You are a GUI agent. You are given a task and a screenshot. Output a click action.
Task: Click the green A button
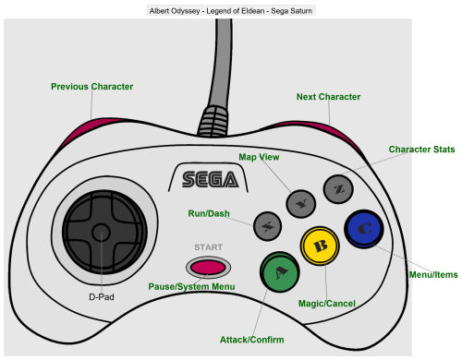280,272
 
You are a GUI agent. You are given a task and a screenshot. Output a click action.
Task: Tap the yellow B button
320,246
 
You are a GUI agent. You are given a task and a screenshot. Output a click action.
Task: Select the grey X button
267,226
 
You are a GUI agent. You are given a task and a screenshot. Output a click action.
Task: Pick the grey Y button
301,204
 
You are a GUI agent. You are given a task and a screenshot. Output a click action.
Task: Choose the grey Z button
338,189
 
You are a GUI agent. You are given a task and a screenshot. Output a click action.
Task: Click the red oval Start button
208,267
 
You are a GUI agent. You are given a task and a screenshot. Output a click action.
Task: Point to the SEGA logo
211,180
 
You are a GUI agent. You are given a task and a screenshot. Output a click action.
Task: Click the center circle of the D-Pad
102,233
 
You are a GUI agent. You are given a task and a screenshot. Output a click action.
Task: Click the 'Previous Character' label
92,87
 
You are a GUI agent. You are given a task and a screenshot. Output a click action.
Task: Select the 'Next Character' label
328,97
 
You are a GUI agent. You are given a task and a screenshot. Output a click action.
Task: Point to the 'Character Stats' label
421,150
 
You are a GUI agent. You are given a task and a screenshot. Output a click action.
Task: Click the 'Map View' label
259,157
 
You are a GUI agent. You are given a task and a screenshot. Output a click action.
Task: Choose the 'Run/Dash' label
209,213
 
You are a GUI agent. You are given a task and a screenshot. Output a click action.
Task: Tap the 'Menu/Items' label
433,274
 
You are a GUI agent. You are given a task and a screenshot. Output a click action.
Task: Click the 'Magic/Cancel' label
327,304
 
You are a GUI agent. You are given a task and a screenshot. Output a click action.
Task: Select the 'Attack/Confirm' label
252,340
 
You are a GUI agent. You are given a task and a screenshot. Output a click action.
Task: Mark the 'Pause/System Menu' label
191,287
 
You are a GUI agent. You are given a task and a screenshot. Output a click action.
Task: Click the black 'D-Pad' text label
102,297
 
